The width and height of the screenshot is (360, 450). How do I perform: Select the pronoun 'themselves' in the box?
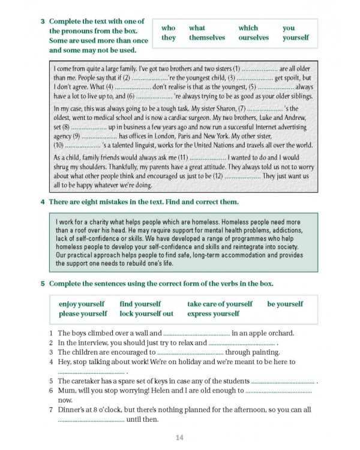[x=207, y=37]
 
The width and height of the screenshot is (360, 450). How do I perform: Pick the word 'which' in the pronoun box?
[x=248, y=28]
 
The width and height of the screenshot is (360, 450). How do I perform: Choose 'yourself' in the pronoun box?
[x=296, y=37]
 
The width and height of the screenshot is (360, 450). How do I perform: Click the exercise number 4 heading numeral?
[x=43, y=202]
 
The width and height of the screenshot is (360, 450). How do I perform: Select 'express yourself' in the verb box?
[x=213, y=313]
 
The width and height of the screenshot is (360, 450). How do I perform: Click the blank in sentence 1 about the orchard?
[x=196, y=334]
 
